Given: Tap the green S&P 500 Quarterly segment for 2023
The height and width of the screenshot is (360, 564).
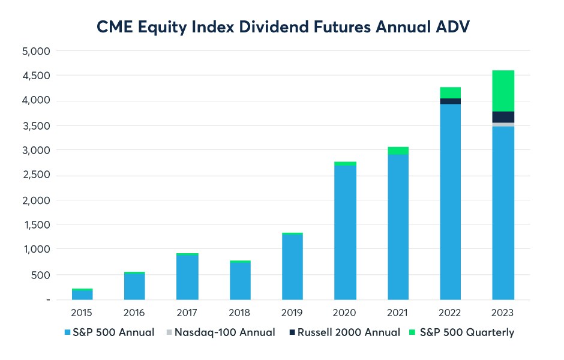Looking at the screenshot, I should tap(503, 91).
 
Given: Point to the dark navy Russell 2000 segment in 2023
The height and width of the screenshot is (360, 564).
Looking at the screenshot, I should tap(503, 117).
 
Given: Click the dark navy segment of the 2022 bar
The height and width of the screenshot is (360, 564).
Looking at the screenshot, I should tap(450, 101).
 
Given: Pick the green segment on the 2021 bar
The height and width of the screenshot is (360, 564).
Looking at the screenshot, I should tap(398, 151).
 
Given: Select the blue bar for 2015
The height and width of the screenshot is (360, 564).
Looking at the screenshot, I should tap(82, 295).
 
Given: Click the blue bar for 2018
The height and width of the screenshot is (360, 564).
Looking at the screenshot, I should tap(240, 281).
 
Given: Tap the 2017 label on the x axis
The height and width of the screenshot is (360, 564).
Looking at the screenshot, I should tap(187, 313).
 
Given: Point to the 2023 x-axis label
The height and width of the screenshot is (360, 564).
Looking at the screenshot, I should tap(503, 313).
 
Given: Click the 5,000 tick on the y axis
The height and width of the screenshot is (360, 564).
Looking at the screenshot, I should tap(37, 51).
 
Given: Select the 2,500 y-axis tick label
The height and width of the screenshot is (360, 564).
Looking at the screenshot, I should tap(37, 175).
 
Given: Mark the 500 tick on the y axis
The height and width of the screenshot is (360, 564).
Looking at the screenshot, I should tap(41, 275).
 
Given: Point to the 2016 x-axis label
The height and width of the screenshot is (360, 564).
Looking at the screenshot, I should tap(134, 313).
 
